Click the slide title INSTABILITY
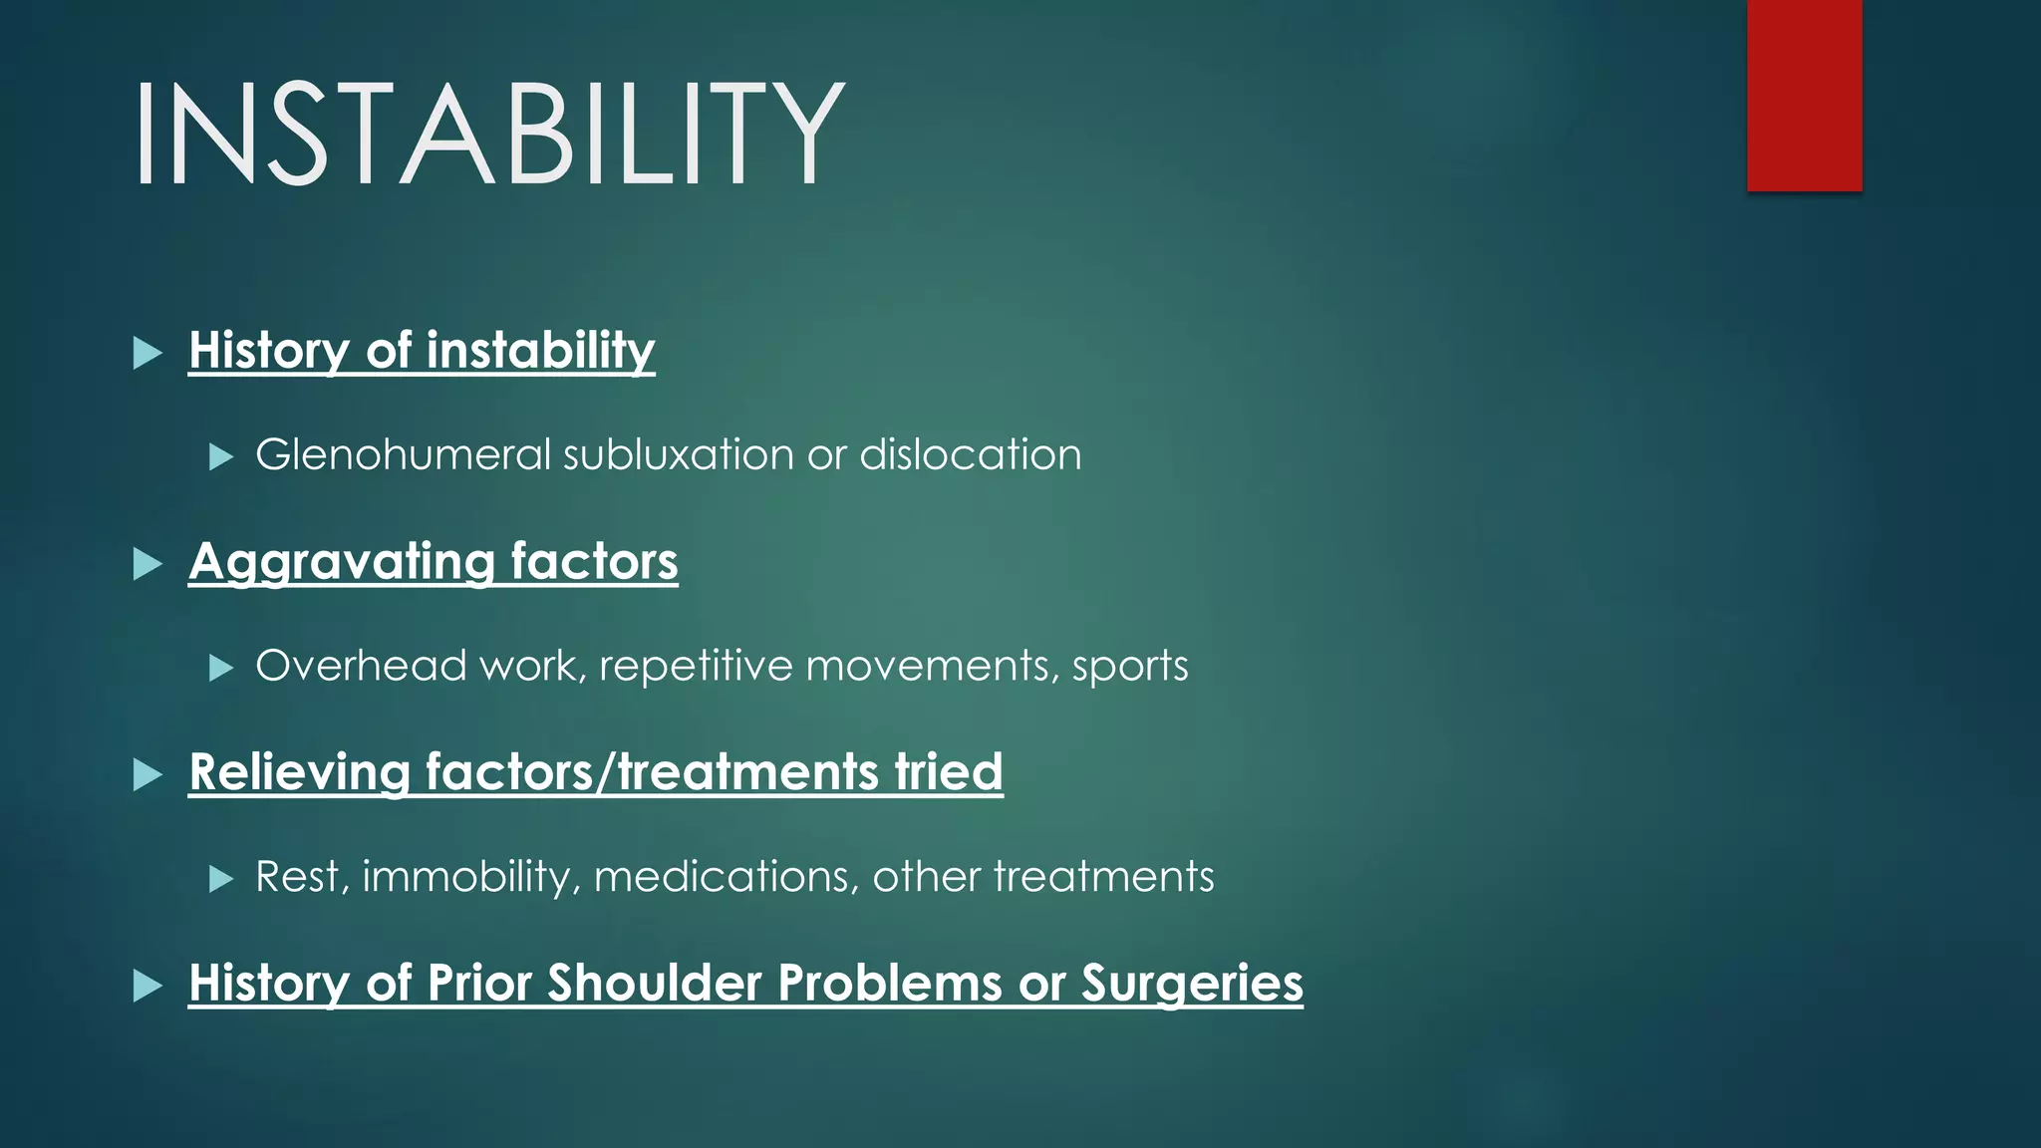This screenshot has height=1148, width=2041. pyautogui.click(x=488, y=134)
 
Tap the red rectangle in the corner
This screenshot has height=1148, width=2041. pyautogui.click(x=1804, y=95)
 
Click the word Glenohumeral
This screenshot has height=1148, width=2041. pyautogui.click(x=403, y=455)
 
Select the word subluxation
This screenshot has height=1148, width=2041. pyautogui.click(x=679, y=455)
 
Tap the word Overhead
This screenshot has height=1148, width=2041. pyautogui.click(x=361, y=666)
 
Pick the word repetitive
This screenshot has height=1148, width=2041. pyautogui.click(x=695, y=666)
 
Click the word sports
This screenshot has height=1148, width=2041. pyautogui.click(x=1130, y=667)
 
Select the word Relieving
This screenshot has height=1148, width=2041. pyautogui.click(x=300, y=772)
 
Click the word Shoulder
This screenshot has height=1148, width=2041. pyautogui.click(x=654, y=983)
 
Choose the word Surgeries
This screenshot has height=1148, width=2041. pyautogui.click(x=1192, y=984)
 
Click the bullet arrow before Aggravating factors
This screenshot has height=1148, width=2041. pyautogui.click(x=147, y=564)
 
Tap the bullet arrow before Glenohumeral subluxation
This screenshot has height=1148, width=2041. pyautogui.click(x=221, y=457)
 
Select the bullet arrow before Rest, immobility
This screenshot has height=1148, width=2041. pyautogui.click(x=221, y=879)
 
